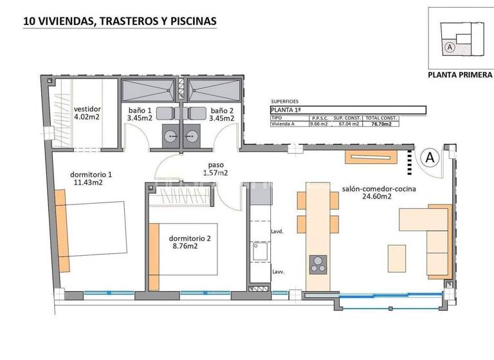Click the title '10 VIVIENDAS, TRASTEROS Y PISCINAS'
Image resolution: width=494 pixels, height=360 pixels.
pos(120,21)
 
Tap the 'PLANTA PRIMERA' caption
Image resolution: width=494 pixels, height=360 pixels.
pos(460,75)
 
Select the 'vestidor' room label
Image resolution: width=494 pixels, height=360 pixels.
pos(87,109)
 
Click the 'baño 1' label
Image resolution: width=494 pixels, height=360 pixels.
pos(140,110)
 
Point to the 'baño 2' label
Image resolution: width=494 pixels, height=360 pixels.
pos(222,110)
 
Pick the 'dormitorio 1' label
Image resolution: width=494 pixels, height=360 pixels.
pos(91,174)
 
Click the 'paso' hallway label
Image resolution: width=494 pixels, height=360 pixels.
pos(215,164)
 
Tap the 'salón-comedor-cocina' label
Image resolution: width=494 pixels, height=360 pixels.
pos(379,189)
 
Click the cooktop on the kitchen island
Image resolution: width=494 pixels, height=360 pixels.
pos(318,263)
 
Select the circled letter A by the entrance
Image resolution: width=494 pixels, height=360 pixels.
pos(430,156)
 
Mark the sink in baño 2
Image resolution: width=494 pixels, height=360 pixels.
pos(190,136)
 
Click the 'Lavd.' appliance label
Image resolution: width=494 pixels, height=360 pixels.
pos(278,231)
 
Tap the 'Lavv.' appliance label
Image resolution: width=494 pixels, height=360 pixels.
pos(278,273)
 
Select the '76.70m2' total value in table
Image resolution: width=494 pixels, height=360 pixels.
pos(381,125)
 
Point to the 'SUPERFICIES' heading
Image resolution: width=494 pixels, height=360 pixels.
pos(286,102)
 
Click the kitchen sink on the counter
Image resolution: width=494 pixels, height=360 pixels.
pos(260,252)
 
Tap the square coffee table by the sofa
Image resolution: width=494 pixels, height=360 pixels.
pos(397,258)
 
